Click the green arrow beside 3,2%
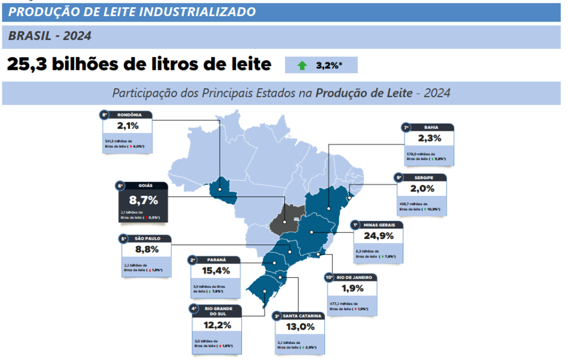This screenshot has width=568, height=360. point(302,65)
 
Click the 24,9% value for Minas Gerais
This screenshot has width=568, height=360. point(378,236)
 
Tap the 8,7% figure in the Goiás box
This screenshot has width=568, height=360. point(143,200)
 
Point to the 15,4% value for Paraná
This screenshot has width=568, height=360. point(216,271)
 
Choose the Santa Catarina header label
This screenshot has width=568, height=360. point(302,316)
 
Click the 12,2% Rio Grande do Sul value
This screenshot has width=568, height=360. point(217,326)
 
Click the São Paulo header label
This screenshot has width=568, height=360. point(147,239)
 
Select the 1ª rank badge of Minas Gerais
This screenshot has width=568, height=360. point(355,225)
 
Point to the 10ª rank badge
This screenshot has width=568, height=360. point(329,277)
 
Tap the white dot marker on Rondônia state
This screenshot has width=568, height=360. point(220,189)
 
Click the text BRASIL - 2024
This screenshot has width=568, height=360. point(50,37)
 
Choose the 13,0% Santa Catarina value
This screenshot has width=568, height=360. point(300,327)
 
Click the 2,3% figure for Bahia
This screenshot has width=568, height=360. point(429,138)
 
